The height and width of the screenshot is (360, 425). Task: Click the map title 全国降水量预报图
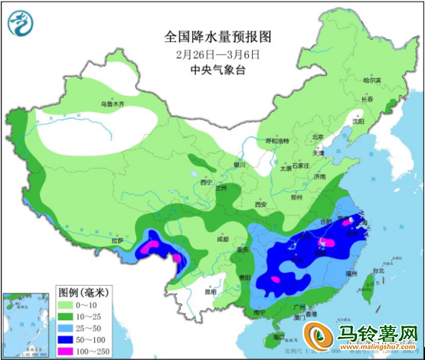tap(217, 37)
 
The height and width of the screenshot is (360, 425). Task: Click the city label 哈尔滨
tap(372, 80)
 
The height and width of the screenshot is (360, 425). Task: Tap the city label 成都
tap(222, 239)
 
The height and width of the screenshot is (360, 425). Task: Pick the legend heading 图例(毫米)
tap(86, 292)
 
